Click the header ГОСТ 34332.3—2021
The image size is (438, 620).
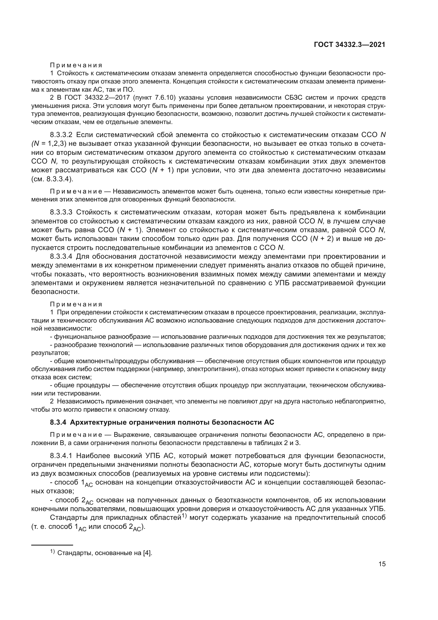pos(349,45)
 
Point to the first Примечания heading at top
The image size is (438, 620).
pos(76,65)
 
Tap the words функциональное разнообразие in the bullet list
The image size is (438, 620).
pos(102,337)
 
